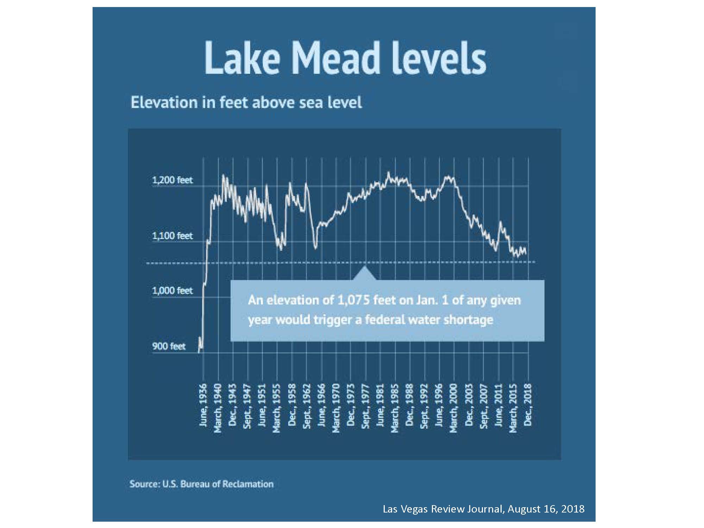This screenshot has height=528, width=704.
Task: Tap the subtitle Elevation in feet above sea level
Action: coord(246,102)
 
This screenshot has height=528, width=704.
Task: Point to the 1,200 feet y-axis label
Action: coord(172,180)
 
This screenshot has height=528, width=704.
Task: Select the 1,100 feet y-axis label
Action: coord(172,235)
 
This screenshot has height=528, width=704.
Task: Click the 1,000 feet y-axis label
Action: coord(172,291)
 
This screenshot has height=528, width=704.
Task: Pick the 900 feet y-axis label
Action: coord(169,346)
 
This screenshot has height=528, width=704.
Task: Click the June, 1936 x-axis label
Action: coord(203,405)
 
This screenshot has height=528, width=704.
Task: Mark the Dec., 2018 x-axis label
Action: coord(528,405)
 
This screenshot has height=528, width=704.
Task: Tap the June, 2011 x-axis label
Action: coord(498,405)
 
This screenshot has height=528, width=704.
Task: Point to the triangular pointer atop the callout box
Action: coord(365,274)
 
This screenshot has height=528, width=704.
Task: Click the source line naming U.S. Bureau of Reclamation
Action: coord(201,484)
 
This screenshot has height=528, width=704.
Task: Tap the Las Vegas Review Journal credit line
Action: coord(483,509)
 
